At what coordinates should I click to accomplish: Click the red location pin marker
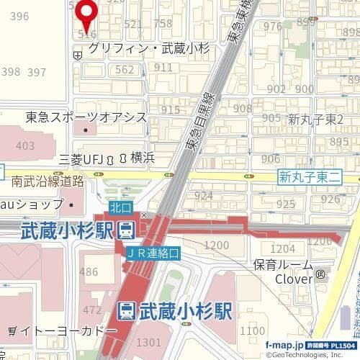(x=88, y=13)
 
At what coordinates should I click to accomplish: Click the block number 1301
(x=149, y=341)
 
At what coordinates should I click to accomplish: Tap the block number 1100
(x=253, y=330)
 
